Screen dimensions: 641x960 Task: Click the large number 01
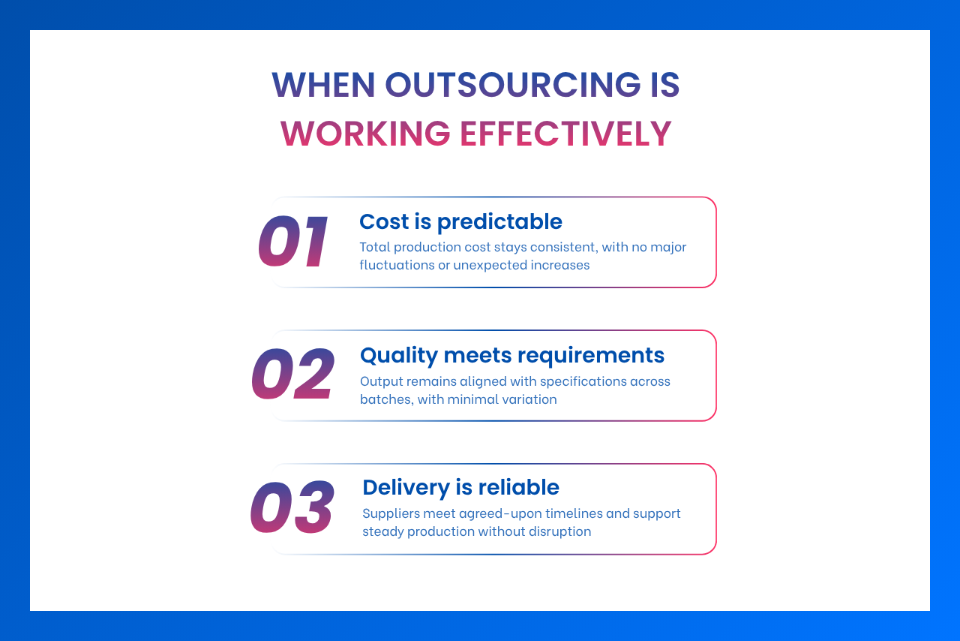point(293,242)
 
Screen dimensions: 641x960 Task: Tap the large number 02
point(292,375)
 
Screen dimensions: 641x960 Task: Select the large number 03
point(292,508)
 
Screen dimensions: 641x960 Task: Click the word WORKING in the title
point(365,134)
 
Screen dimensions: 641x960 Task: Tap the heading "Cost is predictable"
point(460,221)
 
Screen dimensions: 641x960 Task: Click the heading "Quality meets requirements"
point(512,354)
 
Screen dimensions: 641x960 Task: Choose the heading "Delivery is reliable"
point(460,487)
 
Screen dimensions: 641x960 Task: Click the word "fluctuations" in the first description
point(397,265)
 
